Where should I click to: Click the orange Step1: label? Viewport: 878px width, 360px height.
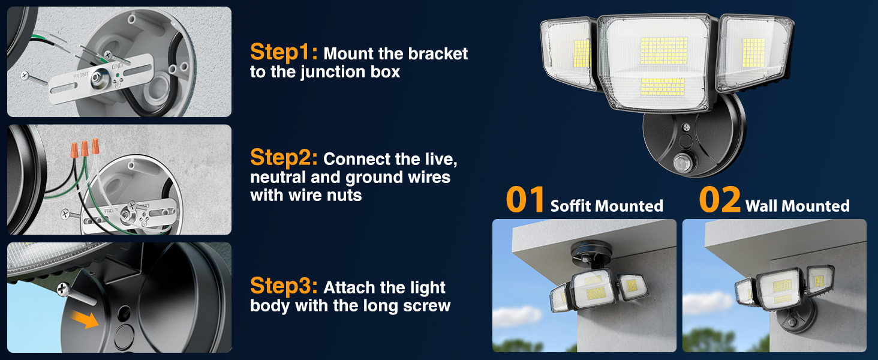pyautogui.click(x=284, y=53)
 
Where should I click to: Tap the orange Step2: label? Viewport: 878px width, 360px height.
pyautogui.click(x=284, y=158)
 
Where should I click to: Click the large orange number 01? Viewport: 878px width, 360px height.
pyautogui.click(x=525, y=200)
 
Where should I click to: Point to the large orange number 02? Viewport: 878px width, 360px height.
pyautogui.click(x=720, y=200)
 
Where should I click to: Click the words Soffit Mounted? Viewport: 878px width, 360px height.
pyautogui.click(x=606, y=206)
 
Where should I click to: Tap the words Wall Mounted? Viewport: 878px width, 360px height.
pyautogui.click(x=797, y=206)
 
